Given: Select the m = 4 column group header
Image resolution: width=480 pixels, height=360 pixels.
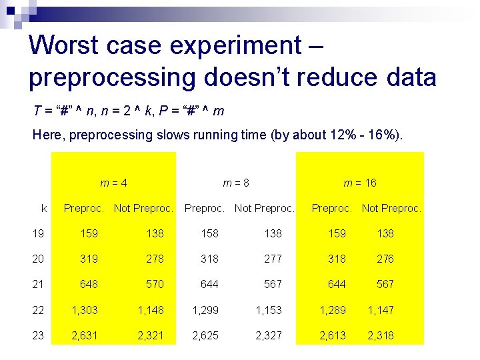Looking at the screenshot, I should (x=114, y=183).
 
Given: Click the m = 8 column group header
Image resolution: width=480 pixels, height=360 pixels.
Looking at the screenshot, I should (x=236, y=183).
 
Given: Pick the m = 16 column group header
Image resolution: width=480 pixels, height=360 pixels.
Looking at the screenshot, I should (x=360, y=183).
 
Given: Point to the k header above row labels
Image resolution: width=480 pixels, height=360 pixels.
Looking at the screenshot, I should (x=44, y=208).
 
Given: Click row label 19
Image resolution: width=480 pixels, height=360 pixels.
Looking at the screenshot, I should (x=38, y=233).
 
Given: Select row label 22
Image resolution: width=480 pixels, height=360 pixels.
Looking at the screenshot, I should (x=38, y=309).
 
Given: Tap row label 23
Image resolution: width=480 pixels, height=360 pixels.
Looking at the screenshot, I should (x=38, y=335).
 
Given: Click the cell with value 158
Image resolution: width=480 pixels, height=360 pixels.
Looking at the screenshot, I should (x=209, y=233).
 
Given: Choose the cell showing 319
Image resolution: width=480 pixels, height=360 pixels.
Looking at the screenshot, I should (x=89, y=259).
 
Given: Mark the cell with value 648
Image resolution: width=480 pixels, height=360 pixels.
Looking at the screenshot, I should (x=89, y=284).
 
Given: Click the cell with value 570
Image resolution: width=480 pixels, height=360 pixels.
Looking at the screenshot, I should (x=155, y=284).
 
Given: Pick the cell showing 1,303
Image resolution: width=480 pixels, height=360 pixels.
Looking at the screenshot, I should (x=85, y=309).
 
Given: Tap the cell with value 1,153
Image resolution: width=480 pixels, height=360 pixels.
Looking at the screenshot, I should (x=269, y=309).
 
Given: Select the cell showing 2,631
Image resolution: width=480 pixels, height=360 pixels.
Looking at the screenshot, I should (x=85, y=335).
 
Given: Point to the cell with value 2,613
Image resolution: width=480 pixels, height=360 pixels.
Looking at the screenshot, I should (x=332, y=335).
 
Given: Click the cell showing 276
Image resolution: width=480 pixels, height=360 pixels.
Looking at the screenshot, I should (x=385, y=259).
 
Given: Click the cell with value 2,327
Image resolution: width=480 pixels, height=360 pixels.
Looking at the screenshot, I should (x=269, y=335).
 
